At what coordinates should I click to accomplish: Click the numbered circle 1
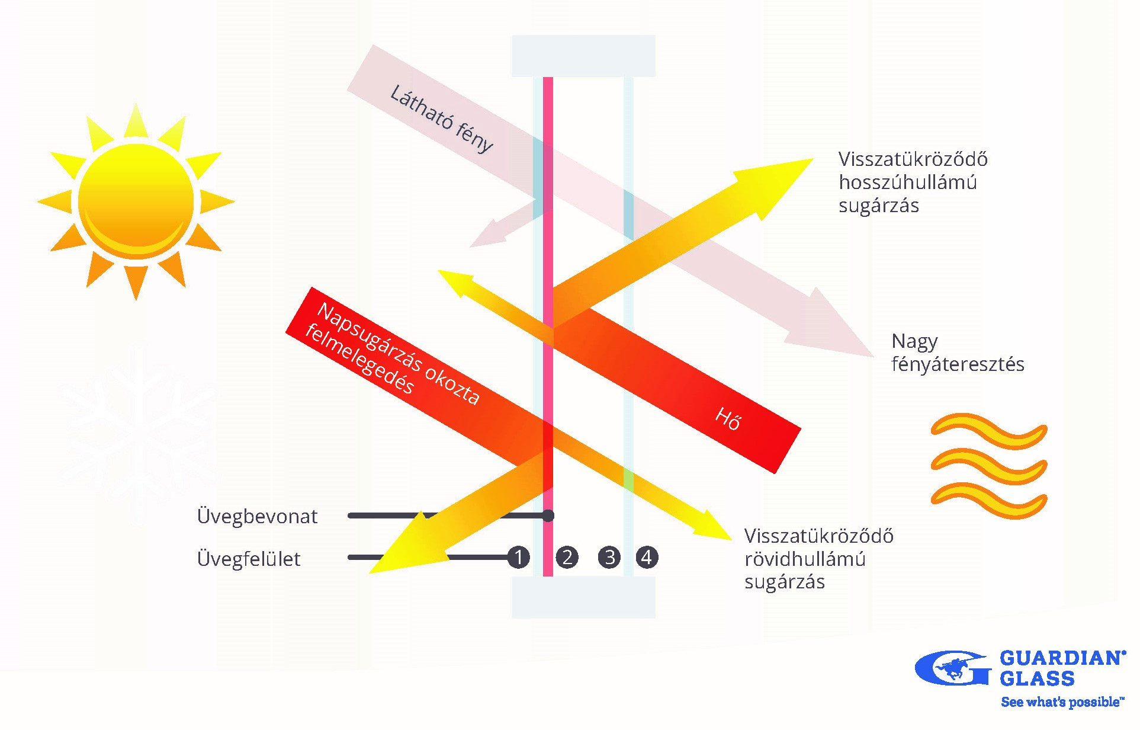519,557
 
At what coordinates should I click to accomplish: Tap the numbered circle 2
567,557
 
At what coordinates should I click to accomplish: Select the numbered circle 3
609,557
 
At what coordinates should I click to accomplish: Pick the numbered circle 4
647,557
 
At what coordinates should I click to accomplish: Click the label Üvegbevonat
257,517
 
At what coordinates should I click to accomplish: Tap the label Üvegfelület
249,559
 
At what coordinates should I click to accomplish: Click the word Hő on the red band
728,418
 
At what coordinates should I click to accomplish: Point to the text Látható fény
441,119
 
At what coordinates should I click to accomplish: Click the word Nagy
914,342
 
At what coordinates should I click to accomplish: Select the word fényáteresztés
958,364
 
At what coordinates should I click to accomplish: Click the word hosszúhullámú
907,182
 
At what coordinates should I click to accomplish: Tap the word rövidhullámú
805,559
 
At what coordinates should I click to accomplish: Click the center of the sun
136,201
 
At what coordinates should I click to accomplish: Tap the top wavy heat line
989,430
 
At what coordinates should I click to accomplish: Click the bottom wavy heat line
989,500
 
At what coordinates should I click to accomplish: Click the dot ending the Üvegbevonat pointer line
548,516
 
